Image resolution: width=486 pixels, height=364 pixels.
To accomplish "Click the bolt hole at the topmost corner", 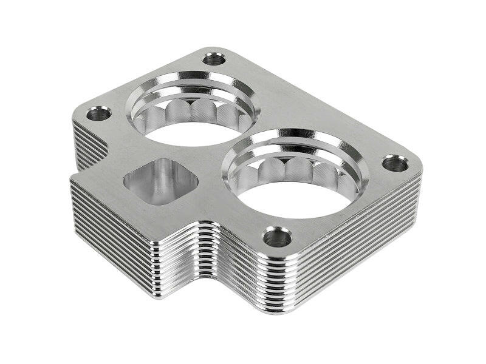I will coord(213,59).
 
